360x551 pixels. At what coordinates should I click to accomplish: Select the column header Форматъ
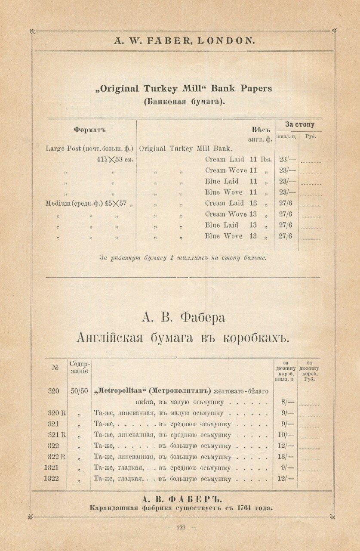tap(90, 129)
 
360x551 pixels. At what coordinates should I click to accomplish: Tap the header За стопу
tap(300, 124)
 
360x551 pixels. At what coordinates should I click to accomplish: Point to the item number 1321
tap(51, 467)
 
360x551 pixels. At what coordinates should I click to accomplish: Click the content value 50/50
tap(79, 391)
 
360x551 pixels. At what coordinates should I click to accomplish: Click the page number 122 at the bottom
tap(181, 527)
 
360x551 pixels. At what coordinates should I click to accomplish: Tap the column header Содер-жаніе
tap(79, 367)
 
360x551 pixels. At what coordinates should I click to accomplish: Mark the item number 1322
tap(51, 478)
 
